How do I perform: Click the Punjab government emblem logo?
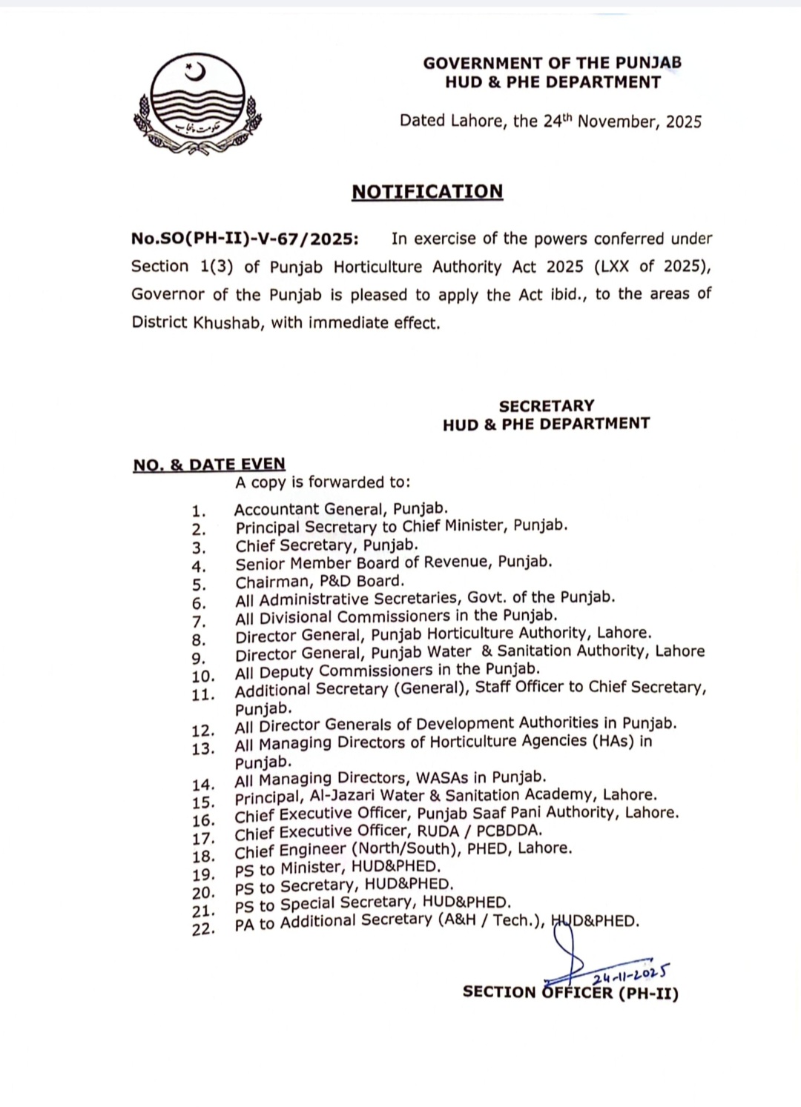tap(197, 104)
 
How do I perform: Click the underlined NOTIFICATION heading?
tap(427, 192)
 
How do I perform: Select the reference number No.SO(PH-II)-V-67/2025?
tap(245, 239)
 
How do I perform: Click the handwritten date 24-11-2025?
tap(631, 975)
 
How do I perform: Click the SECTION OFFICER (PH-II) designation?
tap(570, 993)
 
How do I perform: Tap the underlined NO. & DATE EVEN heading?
tap(209, 465)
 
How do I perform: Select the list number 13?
tap(202, 749)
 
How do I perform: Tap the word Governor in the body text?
tap(168, 294)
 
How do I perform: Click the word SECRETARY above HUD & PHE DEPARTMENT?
tap(547, 406)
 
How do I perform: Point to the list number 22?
tap(202, 929)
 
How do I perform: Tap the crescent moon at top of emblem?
tap(195, 73)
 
